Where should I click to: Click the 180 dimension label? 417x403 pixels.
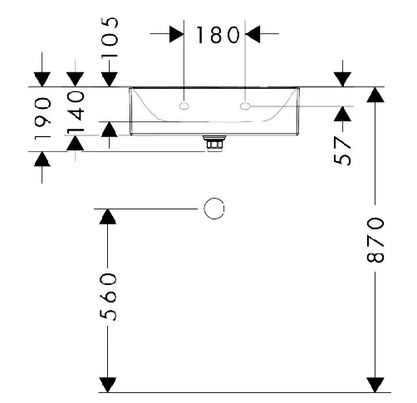tap(218, 35)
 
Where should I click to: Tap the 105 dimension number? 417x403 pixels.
tap(110, 37)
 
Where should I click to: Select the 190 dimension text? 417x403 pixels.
tap(43, 119)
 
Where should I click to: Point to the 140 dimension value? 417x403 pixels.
tap(76, 111)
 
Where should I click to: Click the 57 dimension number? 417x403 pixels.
tap(342, 150)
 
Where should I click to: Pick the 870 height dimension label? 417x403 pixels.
tap(375, 240)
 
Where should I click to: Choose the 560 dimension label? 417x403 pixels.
tap(108, 297)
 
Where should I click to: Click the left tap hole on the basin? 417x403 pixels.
tap(184, 106)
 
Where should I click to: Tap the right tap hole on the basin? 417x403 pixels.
tap(245, 106)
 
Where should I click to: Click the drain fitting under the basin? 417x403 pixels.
tap(214, 143)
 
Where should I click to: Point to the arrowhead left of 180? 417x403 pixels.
tap(177, 35)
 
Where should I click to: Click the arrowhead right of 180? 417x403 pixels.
tap(253, 34)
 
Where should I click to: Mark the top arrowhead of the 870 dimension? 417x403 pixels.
tap(375, 95)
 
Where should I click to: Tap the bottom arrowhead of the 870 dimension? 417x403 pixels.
tap(375, 385)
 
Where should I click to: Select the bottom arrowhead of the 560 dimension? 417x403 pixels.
tap(108, 385)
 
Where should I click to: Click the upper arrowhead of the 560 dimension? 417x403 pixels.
tap(108, 217)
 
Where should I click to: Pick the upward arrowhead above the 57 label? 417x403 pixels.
tap(342, 114)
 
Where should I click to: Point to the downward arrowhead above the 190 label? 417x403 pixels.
tap(42, 80)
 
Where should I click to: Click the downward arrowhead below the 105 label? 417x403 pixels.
tap(110, 80)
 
